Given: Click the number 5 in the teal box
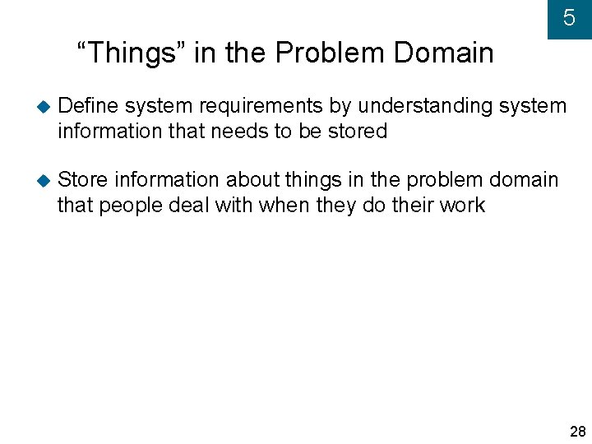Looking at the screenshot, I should click(x=569, y=18).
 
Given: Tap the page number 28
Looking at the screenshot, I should click(x=577, y=432).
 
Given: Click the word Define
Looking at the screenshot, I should click(x=89, y=106).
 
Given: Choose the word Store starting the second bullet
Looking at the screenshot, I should click(x=83, y=180).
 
